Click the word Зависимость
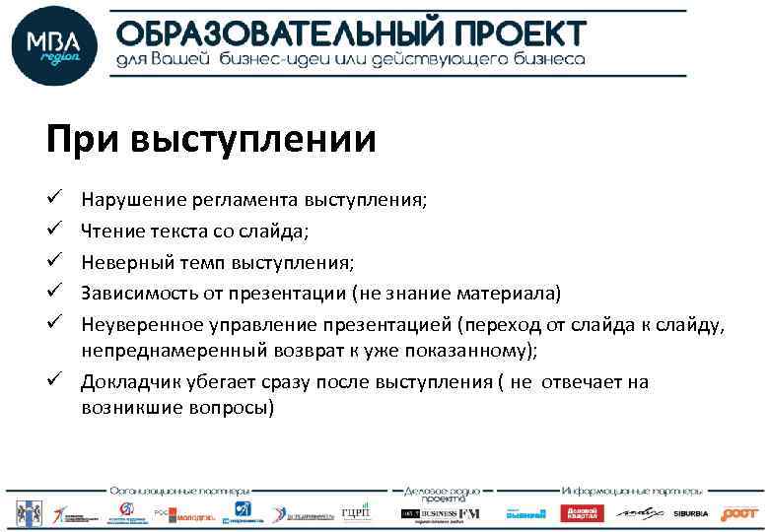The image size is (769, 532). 137,293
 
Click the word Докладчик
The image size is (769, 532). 125,382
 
